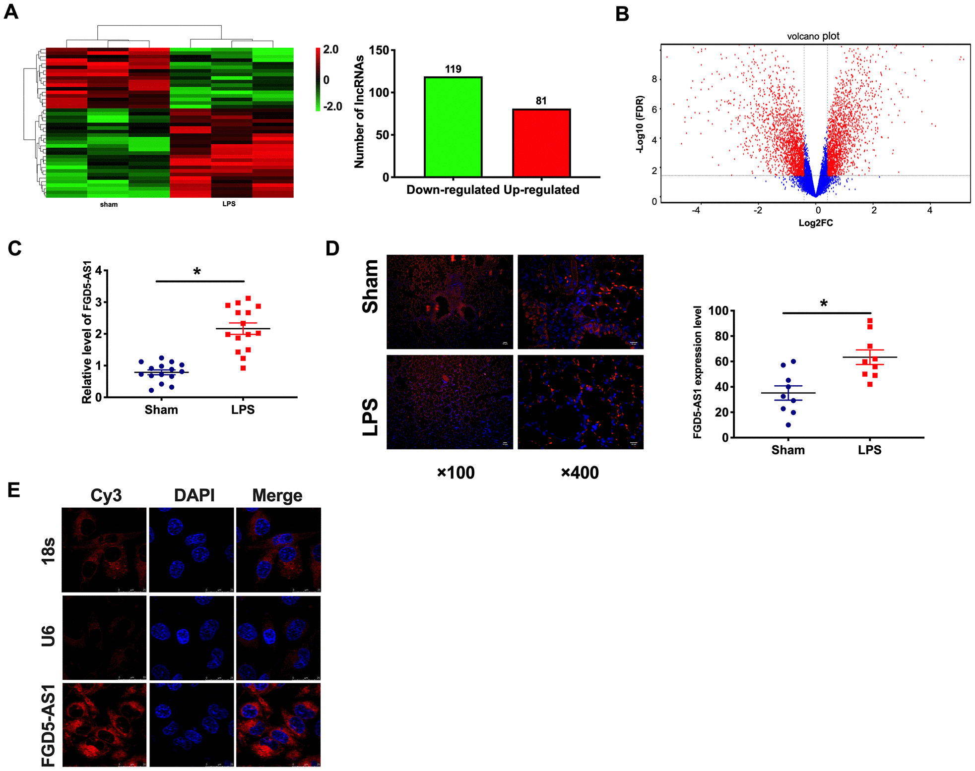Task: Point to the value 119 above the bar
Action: (453, 69)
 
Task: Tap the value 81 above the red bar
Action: (541, 101)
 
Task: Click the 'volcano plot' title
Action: (813, 36)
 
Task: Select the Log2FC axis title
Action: (815, 223)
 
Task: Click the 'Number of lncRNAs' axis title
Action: (359, 112)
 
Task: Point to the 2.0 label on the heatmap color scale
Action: (330, 50)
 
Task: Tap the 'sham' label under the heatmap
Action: (109, 204)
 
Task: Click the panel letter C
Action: (14, 248)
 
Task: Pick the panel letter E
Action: (14, 490)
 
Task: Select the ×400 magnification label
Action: (580, 473)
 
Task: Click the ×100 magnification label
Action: (455, 473)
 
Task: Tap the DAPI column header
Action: (194, 495)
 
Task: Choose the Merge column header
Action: (277, 495)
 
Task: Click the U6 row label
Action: (48, 636)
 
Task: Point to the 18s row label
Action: (48, 550)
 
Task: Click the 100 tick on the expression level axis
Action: (718, 311)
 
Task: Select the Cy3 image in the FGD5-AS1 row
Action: (105, 724)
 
